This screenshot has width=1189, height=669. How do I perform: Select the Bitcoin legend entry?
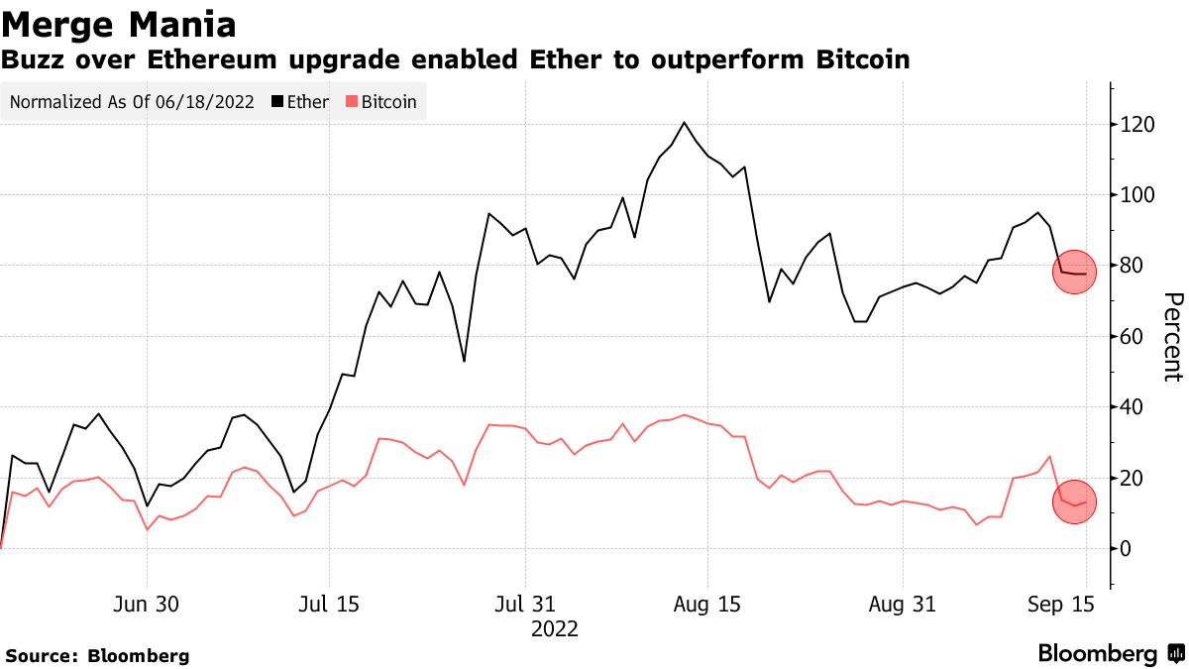[x=380, y=102]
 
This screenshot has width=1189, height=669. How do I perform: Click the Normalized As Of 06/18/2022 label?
[x=132, y=102]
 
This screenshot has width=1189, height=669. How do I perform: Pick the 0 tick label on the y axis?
[x=1126, y=548]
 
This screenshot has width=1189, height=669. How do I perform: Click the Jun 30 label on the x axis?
[x=148, y=605]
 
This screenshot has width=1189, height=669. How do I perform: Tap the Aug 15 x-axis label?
[x=707, y=605]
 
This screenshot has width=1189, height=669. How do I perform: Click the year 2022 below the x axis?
[x=555, y=629]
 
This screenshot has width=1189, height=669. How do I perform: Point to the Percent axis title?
[x=1172, y=337]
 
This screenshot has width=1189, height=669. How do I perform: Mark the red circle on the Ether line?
[x=1074, y=273]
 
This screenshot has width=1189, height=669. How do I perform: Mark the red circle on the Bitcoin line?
[x=1074, y=502]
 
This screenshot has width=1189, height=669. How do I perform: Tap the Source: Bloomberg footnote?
[x=97, y=655]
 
